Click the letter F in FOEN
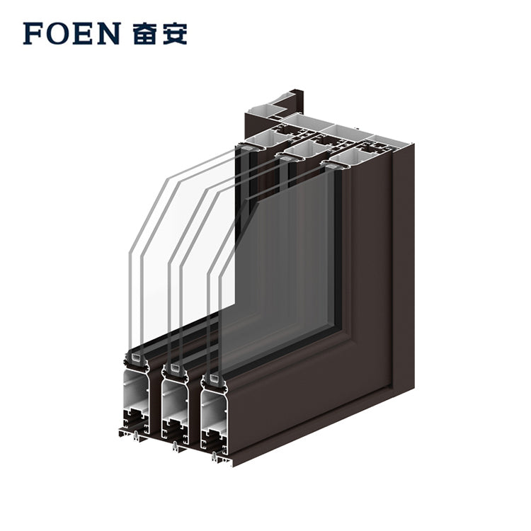pyautogui.click(x=33, y=33)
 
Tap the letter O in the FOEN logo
pyautogui.click(x=57, y=33)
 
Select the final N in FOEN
pyautogui.click(x=109, y=33)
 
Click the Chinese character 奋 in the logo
pyautogui.click(x=144, y=33)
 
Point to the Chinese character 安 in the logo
pyautogui.click(x=175, y=33)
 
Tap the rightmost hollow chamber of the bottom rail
pyautogui.click(x=213, y=410)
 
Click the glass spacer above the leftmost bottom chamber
pyautogui.click(x=137, y=357)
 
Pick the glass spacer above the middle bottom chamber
pyautogui.click(x=176, y=367)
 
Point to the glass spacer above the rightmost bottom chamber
pyautogui.click(x=215, y=377)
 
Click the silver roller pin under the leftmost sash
pyautogui.click(x=135, y=436)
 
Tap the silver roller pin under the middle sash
pyautogui.click(x=174, y=446)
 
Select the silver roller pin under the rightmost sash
pyautogui.click(x=214, y=457)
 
